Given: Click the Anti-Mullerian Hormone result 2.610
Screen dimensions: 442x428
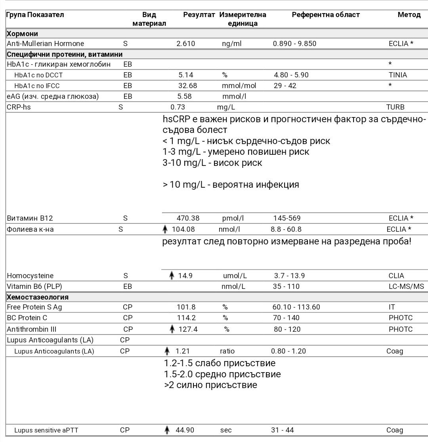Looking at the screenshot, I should (185, 44).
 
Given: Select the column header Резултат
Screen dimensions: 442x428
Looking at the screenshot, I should (199, 15).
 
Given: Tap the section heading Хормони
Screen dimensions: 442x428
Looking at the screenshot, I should (23, 34).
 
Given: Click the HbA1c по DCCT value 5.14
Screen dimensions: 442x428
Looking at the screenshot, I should (186, 75).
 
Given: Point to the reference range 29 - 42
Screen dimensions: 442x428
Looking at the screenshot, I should (285, 86).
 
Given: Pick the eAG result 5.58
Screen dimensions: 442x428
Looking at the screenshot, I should (186, 96).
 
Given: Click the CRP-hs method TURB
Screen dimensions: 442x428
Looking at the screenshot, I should (395, 107).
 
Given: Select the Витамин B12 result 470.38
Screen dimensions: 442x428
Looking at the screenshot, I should (188, 218).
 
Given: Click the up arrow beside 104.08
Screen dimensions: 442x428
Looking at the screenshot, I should (165, 229).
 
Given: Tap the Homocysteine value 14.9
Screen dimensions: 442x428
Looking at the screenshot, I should (185, 276).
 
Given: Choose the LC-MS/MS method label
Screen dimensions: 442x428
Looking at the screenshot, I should (406, 286).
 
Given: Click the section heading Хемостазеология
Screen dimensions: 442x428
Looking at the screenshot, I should (38, 297).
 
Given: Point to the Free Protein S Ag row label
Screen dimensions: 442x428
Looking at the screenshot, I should (34, 307).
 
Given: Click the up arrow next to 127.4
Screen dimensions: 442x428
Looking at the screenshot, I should (172, 329).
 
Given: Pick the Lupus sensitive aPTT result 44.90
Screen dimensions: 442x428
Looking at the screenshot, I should (185, 430).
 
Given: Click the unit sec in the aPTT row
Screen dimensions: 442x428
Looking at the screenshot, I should (226, 430).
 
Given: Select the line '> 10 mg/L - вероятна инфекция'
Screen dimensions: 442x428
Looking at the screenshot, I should (231, 184).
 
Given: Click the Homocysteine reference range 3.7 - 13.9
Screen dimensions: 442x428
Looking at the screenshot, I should (289, 276).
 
